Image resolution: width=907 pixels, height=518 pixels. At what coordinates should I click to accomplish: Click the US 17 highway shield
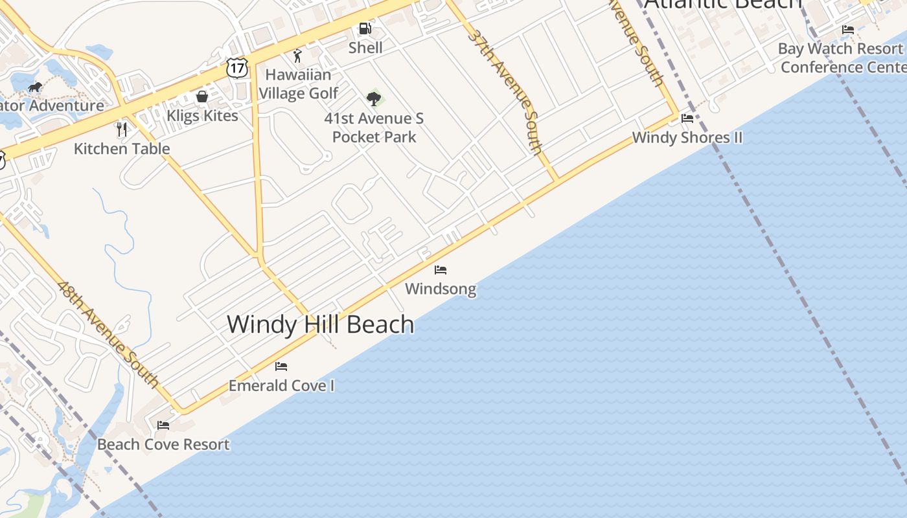coord(237,67)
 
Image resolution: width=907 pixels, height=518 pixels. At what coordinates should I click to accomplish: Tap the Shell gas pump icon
coord(365,28)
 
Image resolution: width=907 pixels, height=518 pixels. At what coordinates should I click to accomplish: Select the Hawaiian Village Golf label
coord(298,84)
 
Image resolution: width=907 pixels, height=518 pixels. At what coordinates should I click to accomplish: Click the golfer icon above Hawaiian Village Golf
coord(297,56)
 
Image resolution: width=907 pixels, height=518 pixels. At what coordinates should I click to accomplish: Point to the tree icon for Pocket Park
coord(373,98)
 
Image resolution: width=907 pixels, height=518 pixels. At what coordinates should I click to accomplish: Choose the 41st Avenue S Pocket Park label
coord(374,128)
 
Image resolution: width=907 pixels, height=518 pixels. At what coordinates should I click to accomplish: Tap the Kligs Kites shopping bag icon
coord(202,96)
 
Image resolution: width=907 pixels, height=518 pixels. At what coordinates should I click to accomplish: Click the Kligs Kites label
coord(203,116)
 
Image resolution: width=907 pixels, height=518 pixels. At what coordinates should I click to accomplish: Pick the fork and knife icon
coord(121,129)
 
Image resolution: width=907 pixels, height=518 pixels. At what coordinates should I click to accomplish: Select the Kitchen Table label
coord(122,149)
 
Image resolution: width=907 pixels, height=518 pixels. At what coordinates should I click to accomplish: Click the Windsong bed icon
coord(441,269)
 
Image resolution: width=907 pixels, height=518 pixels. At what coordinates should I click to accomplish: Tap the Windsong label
coord(441,289)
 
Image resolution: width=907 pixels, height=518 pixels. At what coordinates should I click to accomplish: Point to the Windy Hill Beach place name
coord(321,324)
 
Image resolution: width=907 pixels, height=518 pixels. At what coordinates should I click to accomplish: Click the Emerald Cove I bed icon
coord(281,366)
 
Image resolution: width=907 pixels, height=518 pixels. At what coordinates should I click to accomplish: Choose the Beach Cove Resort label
coord(163,445)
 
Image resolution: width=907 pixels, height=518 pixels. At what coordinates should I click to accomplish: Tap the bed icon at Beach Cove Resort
coord(163,425)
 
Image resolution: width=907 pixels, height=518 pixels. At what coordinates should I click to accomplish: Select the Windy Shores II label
coord(687,137)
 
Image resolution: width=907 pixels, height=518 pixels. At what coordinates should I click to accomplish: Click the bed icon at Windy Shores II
coord(687,118)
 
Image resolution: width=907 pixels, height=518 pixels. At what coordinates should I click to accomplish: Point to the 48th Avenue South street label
coord(108,334)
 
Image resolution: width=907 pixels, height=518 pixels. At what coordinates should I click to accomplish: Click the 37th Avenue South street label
coord(505,91)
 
